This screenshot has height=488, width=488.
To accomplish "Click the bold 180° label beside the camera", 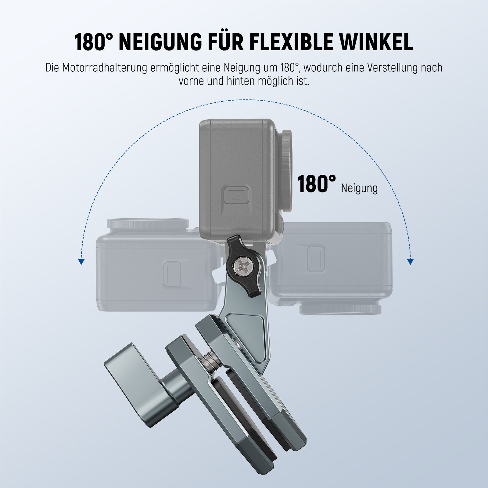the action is (316, 184).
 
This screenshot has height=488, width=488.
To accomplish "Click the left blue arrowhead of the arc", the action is (81, 261).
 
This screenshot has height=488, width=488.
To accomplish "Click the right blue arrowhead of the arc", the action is (411, 261).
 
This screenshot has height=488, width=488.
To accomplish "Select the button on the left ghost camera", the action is (172, 274).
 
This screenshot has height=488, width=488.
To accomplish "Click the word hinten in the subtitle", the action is (240, 81).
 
